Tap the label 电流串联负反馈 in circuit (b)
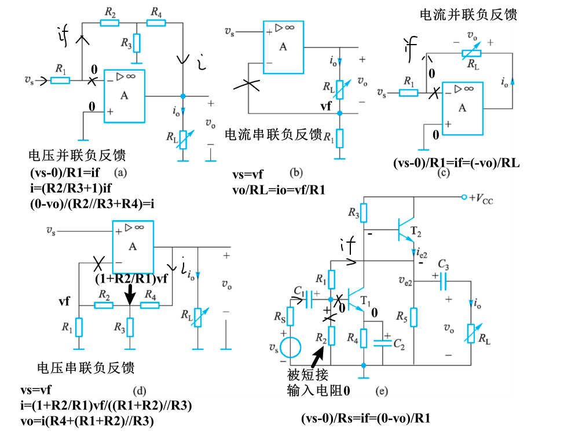click(273, 135)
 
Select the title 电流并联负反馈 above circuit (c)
click(468, 14)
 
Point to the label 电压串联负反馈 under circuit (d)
click(86, 368)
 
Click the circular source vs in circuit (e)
click(290, 348)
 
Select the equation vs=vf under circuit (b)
click(248, 175)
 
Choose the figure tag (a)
click(120, 172)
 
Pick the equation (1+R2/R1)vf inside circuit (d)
click(131, 278)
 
